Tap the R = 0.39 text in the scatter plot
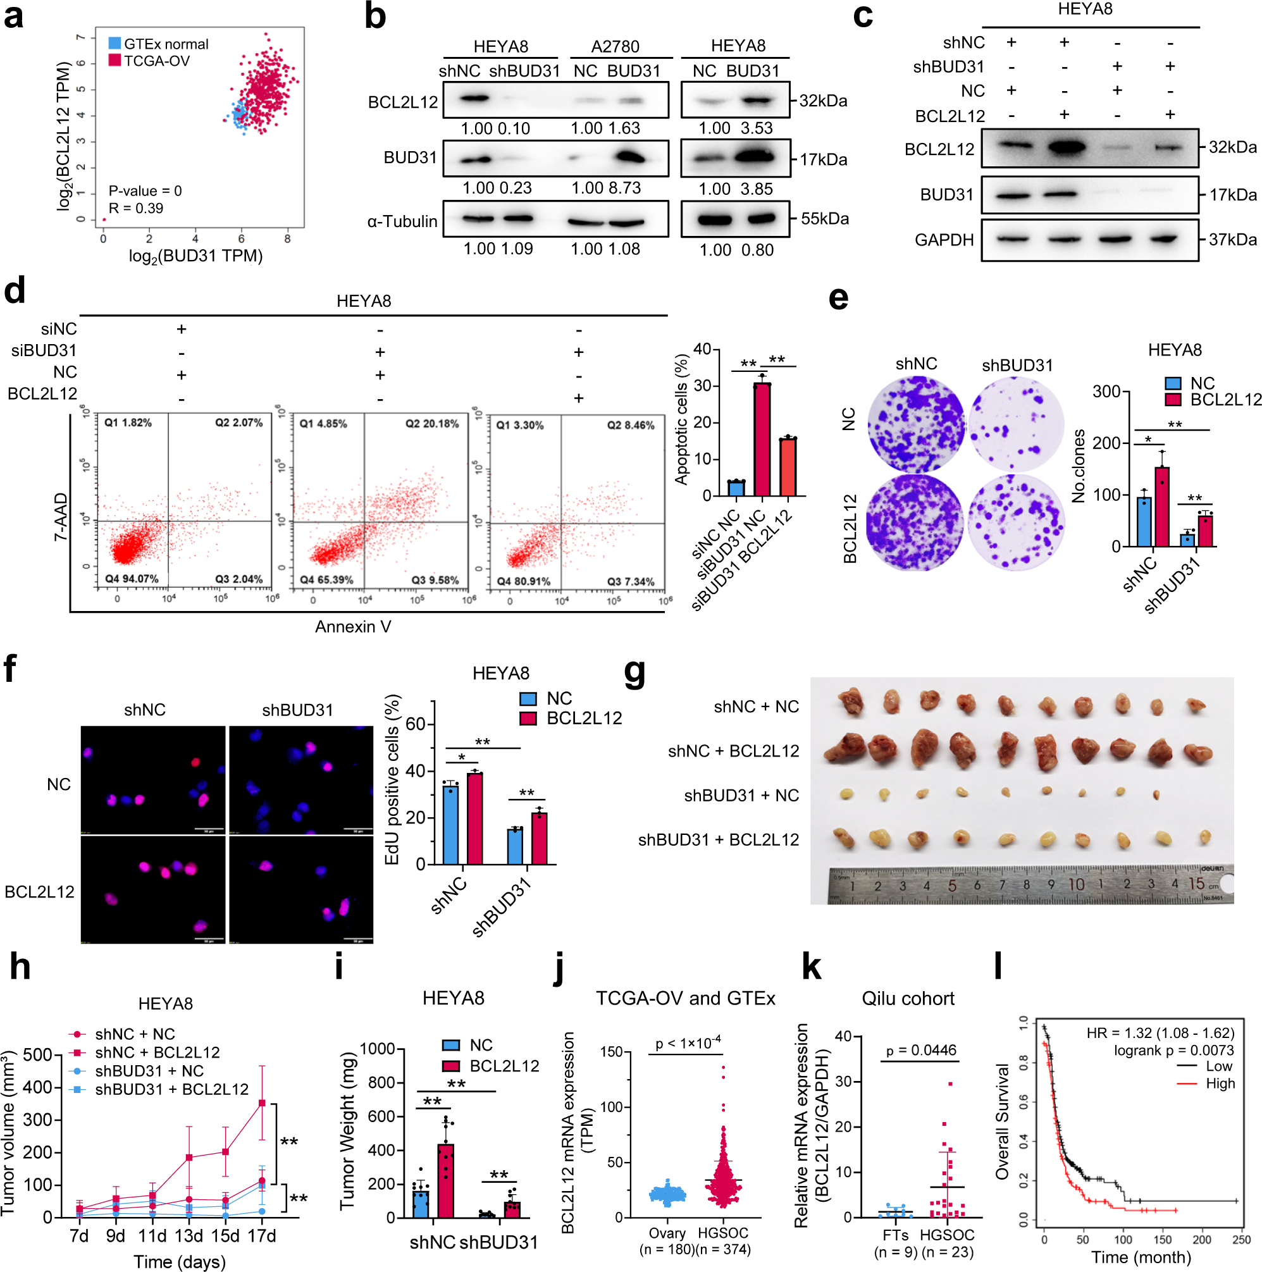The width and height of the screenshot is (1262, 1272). [x=135, y=208]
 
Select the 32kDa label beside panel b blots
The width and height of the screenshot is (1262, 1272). [x=822, y=101]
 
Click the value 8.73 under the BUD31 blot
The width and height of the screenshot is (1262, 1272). [x=624, y=188]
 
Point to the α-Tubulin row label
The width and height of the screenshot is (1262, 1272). [x=402, y=222]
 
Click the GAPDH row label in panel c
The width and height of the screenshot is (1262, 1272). [x=943, y=240]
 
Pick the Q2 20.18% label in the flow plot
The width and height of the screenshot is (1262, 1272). [x=431, y=423]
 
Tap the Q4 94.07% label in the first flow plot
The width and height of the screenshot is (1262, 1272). [x=132, y=579]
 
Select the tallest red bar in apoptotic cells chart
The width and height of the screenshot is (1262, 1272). [x=762, y=439]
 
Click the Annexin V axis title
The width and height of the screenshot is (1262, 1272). [x=353, y=626]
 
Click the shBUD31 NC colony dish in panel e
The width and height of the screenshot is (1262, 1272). [x=1016, y=423]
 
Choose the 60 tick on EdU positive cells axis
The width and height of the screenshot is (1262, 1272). [x=415, y=724]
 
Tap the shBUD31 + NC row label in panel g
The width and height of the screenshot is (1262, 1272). [x=741, y=795]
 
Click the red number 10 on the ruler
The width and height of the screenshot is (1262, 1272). [x=1075, y=884]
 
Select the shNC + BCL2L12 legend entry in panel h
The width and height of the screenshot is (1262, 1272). [x=157, y=1052]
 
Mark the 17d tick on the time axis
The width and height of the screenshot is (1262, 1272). [x=261, y=1236]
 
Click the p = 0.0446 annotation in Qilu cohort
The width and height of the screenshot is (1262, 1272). [x=920, y=1050]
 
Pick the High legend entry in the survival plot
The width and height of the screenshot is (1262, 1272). [x=1219, y=1083]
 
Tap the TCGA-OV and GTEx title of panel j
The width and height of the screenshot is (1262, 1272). [x=685, y=998]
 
